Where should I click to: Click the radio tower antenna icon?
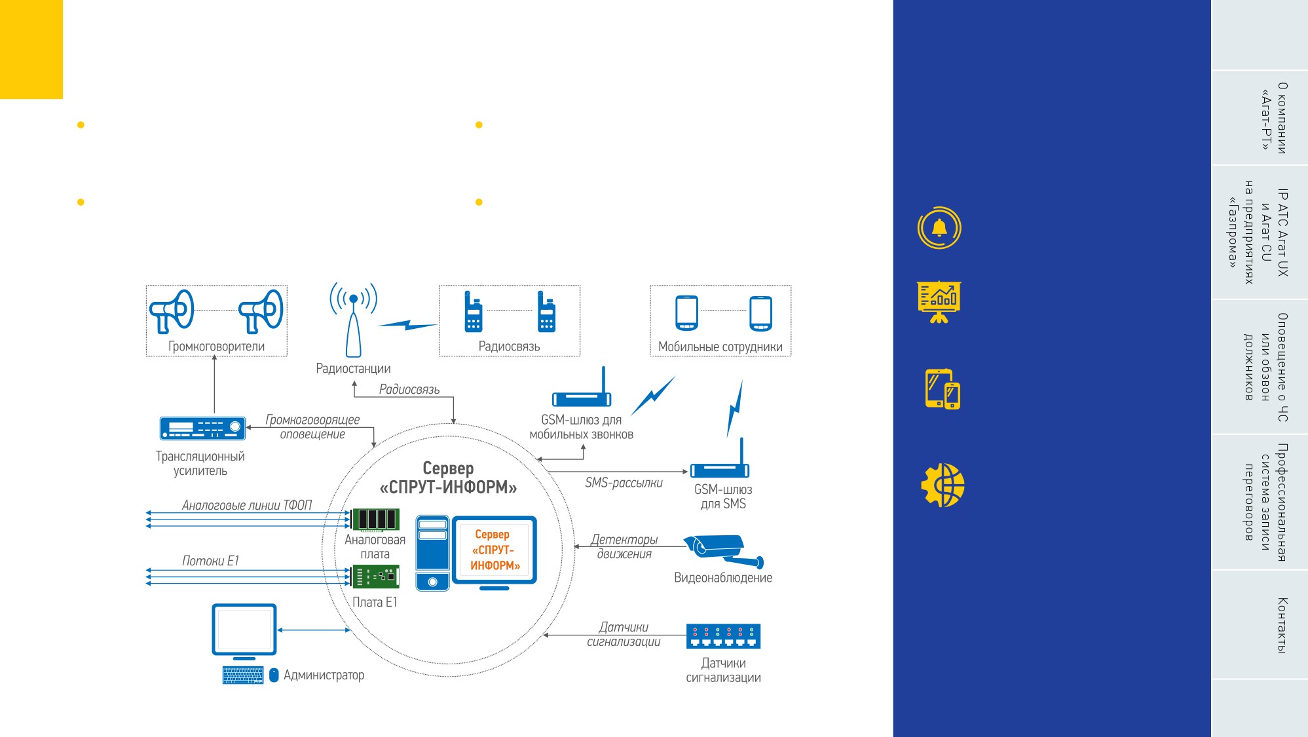[354, 320]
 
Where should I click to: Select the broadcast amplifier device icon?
[202, 428]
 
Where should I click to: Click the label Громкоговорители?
[217, 347]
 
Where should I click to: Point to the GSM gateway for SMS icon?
[720, 459]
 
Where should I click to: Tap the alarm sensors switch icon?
[723, 636]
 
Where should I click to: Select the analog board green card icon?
[375, 519]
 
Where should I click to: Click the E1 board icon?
[375, 576]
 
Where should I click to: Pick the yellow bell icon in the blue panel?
[939, 228]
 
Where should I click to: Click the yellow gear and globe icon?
[943, 485]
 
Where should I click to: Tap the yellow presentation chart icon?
[939, 302]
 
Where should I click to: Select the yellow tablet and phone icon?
[943, 389]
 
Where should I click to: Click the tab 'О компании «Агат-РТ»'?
[1274, 118]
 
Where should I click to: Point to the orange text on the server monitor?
[495, 550]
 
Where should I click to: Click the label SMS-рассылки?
[624, 483]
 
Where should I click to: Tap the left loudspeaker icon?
[172, 311]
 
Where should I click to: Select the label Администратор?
[324, 675]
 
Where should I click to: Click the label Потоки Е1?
[210, 561]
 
